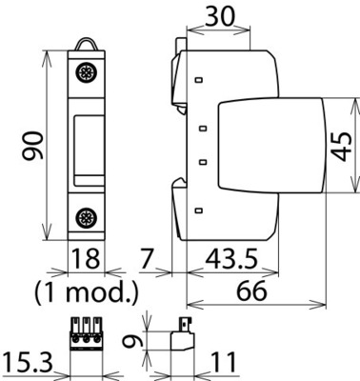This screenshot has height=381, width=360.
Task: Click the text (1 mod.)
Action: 87,288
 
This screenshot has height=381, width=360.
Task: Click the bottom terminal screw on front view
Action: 87,218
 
